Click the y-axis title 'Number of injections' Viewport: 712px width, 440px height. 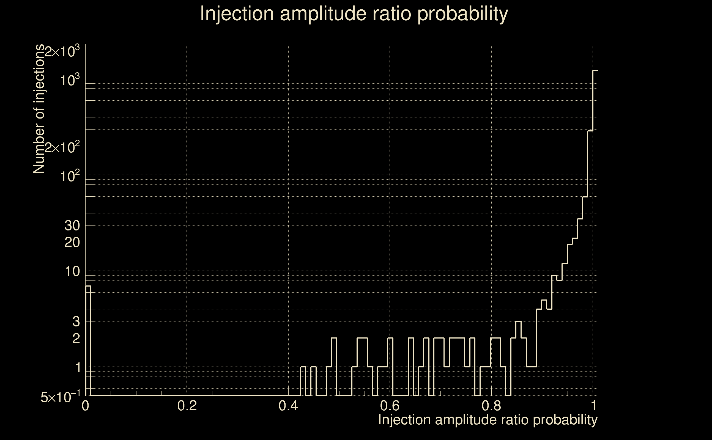[x=39, y=109]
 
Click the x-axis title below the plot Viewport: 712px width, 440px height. [x=488, y=420]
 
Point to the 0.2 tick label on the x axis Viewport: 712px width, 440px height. [x=187, y=406]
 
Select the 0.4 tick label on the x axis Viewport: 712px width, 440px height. [x=288, y=406]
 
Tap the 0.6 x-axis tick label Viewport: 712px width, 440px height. [x=390, y=406]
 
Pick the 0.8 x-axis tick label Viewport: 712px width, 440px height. [x=491, y=406]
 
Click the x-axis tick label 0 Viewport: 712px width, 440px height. [x=85, y=406]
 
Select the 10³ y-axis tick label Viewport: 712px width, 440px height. [x=70, y=80]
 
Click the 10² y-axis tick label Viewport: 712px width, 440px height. [x=70, y=176]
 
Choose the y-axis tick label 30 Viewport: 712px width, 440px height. [x=72, y=226]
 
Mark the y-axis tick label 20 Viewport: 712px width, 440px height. [x=72, y=242]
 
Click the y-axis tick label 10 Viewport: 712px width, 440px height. [x=72, y=271]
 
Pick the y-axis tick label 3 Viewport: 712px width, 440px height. [x=76, y=321]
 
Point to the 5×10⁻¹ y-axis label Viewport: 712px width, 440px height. [x=60, y=397]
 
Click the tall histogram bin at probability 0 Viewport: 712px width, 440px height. [x=88, y=340]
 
